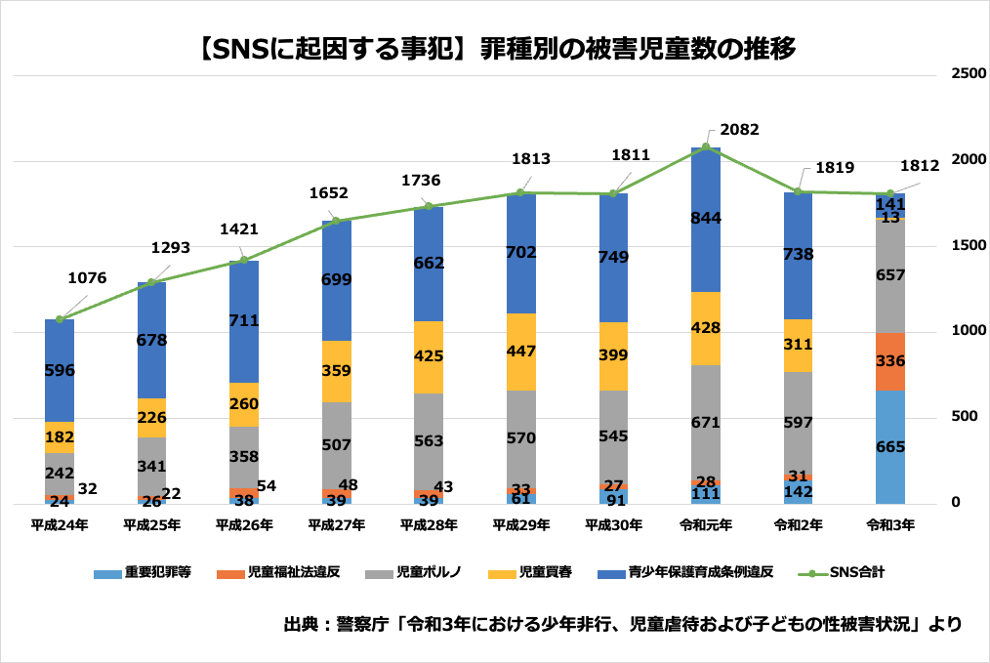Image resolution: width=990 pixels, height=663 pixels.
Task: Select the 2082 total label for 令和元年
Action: coord(739,130)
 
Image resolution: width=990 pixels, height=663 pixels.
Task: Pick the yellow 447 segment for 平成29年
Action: coord(520,352)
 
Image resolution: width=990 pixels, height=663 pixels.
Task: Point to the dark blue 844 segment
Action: coord(705,219)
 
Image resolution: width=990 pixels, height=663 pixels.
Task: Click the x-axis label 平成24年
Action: coord(60,525)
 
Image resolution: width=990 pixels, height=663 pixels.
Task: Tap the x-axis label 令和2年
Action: coord(798,525)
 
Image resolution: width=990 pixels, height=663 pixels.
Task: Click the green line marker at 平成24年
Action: coord(60,319)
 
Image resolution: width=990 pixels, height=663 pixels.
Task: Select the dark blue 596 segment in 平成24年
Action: coord(60,371)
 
